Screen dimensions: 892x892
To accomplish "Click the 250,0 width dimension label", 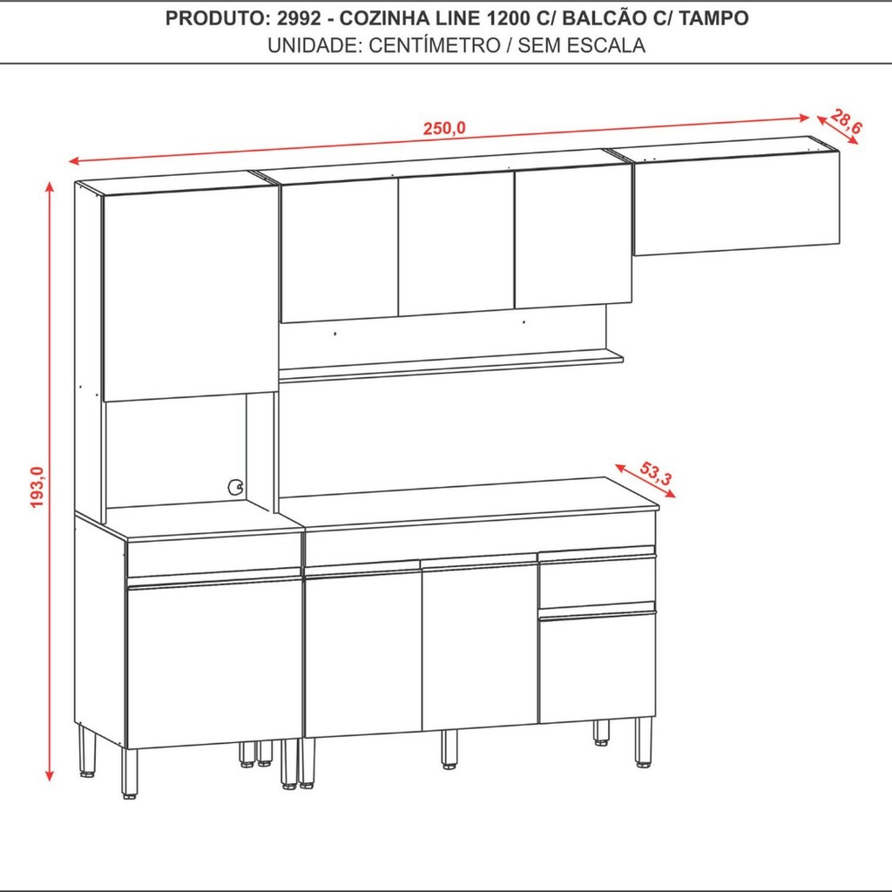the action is click(444, 129).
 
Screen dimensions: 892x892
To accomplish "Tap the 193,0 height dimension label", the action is click(37, 487).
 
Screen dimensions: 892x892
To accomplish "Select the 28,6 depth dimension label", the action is click(846, 122).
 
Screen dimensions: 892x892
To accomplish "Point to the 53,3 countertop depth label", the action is click(656, 473).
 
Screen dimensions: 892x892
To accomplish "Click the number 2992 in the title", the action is click(299, 18).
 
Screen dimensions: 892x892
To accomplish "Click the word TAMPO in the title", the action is click(713, 18).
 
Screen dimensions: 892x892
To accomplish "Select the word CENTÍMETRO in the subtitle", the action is click(434, 45).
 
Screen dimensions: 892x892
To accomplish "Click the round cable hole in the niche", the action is click(235, 487).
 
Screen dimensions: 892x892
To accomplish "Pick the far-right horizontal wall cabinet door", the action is click(737, 203).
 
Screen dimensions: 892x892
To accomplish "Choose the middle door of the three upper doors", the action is click(456, 245).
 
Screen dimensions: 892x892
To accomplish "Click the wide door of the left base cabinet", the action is click(214, 663).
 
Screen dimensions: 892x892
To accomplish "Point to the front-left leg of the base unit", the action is click(130, 774).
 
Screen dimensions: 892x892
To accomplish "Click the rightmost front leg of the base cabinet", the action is click(644, 742).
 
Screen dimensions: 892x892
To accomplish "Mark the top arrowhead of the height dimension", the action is click(50, 187).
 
